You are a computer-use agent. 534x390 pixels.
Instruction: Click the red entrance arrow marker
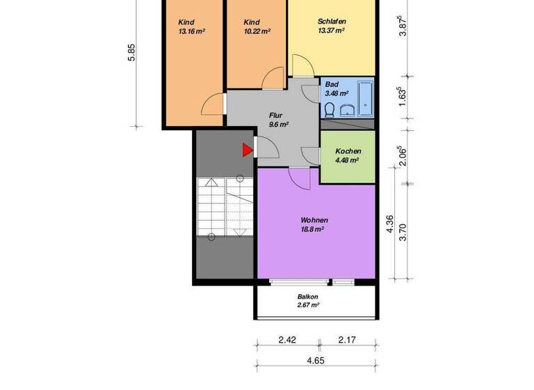click(x=247, y=150)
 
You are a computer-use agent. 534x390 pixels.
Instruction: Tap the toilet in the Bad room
click(x=330, y=109)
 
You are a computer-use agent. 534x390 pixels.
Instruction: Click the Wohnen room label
click(x=314, y=219)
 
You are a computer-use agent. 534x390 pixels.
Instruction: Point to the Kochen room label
click(x=348, y=151)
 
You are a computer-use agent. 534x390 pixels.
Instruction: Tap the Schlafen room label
click(x=332, y=22)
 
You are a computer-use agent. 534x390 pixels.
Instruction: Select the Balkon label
click(x=307, y=296)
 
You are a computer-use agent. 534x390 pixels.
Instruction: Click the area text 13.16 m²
click(x=191, y=31)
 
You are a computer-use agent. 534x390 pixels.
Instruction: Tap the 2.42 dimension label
click(x=288, y=341)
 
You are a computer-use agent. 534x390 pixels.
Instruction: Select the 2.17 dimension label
click(x=348, y=341)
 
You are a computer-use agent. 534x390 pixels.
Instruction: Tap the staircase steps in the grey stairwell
click(x=224, y=209)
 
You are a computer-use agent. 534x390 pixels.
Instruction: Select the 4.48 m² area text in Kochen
click(x=346, y=160)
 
